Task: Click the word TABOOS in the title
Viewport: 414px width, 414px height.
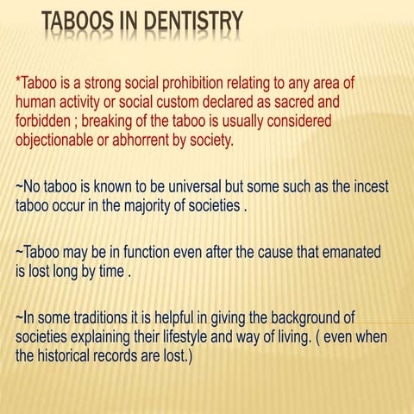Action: point(78,22)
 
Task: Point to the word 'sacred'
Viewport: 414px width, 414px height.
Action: point(305,103)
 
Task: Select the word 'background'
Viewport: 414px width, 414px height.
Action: point(302,317)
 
